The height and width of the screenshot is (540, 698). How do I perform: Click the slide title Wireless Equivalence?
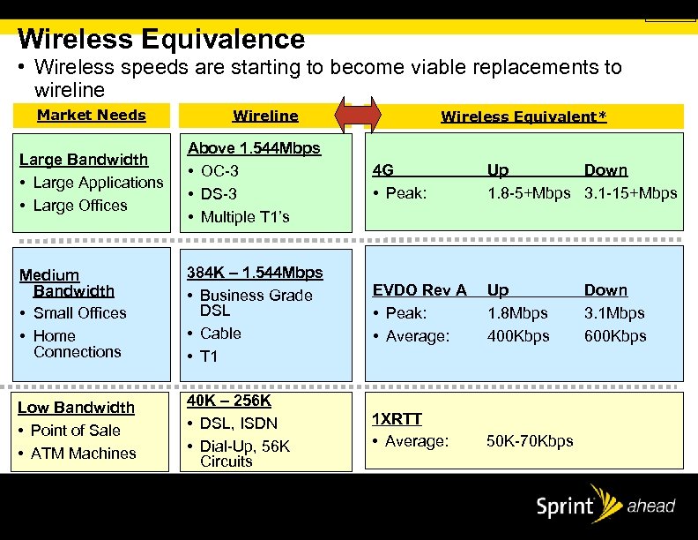(x=161, y=40)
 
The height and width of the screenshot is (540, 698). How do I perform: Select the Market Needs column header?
(x=92, y=115)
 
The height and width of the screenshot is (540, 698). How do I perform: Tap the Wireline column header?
(x=265, y=116)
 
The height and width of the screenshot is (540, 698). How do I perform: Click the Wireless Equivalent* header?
(x=523, y=116)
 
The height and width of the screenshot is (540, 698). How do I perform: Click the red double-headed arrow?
(x=360, y=116)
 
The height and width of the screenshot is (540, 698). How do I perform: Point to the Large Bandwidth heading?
(x=84, y=160)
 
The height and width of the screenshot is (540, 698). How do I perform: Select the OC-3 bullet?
(x=219, y=170)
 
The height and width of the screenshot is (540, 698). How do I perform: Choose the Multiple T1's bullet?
(x=244, y=216)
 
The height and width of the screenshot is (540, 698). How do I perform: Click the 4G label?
(x=383, y=170)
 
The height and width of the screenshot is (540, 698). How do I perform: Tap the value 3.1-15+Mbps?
(x=630, y=193)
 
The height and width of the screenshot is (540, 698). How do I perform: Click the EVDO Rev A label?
(x=420, y=290)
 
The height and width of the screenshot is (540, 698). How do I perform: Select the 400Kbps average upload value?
(x=518, y=336)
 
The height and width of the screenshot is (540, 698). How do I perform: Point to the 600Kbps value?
(x=615, y=336)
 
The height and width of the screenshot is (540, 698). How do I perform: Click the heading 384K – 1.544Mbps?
(x=254, y=273)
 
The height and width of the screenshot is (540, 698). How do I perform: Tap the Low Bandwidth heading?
(x=76, y=408)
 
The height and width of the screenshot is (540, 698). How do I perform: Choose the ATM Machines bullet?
(x=83, y=454)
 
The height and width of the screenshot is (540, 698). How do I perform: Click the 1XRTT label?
(x=397, y=418)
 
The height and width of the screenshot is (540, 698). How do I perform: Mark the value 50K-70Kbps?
(x=530, y=441)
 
